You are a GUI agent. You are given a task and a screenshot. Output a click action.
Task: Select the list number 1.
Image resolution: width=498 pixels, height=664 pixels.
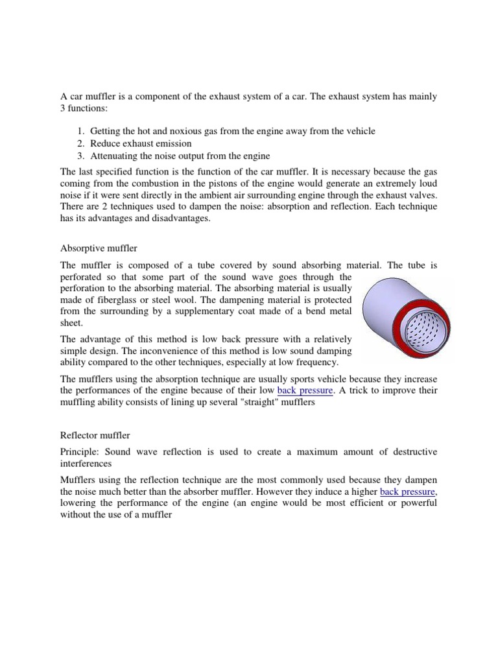(x=80, y=131)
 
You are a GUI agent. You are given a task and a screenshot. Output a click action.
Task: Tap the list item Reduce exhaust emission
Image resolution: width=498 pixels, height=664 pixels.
(x=141, y=143)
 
